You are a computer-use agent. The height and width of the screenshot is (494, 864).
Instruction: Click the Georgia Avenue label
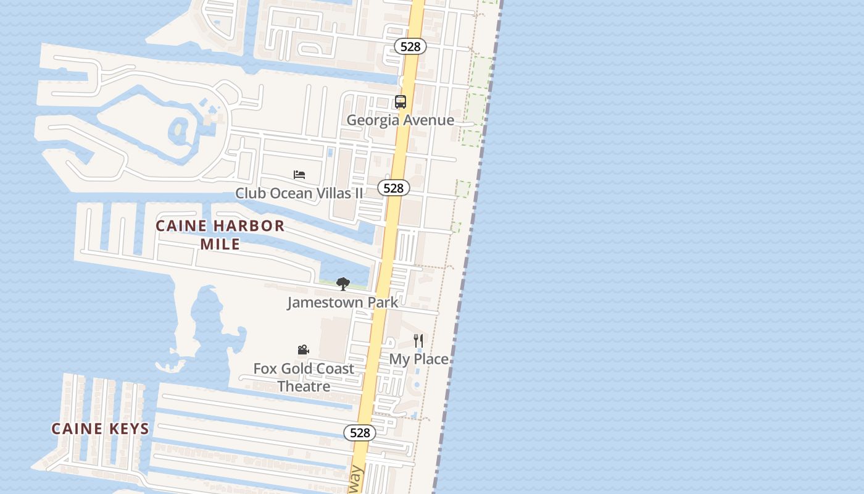[x=400, y=120]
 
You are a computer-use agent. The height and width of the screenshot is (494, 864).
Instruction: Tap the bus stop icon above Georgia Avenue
[x=401, y=102]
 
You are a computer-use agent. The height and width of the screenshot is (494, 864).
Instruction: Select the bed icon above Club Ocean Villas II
[x=299, y=175]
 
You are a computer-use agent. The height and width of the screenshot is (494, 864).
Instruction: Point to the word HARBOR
[x=246, y=226]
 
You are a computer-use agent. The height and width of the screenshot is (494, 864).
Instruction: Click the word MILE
[x=220, y=244]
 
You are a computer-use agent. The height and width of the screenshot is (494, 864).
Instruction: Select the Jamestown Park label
[x=343, y=303]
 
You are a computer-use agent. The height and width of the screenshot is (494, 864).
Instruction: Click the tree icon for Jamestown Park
[x=343, y=284]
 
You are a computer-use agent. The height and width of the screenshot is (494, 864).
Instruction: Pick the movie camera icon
[x=303, y=350]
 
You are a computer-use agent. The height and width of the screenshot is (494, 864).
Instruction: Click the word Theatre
[x=304, y=387]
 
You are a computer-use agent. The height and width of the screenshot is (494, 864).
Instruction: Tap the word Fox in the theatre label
[x=265, y=369]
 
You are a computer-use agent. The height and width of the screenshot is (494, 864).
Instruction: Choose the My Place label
[x=418, y=359]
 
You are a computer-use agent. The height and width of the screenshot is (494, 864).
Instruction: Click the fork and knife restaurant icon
[x=418, y=340]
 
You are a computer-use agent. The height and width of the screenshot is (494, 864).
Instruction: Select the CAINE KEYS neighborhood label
[x=100, y=429]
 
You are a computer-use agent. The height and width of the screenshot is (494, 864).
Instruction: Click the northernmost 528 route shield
[x=410, y=46]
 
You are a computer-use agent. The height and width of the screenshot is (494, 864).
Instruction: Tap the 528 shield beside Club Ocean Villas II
[x=393, y=188]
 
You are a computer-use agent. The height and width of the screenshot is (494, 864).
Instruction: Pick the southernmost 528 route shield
[x=359, y=433]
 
